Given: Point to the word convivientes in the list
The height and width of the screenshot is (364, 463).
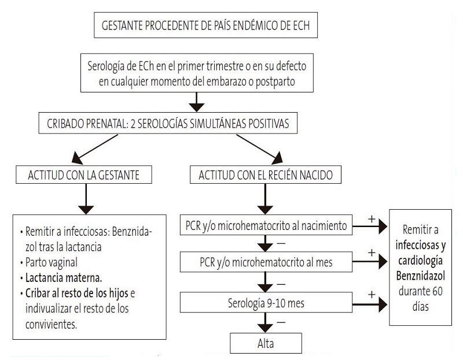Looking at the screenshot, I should pyautogui.click(x=50, y=325).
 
